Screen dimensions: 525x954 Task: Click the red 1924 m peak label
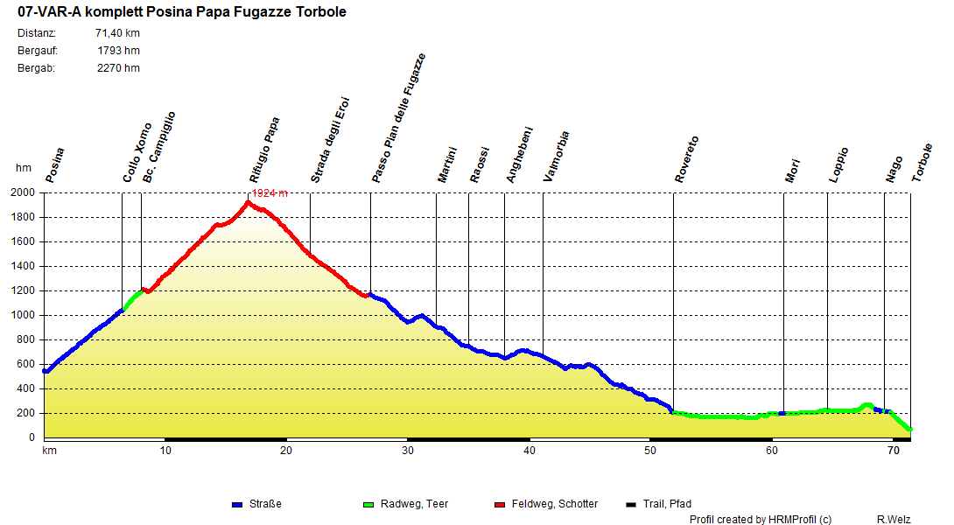tap(270, 193)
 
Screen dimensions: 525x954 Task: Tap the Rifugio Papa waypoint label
tap(264, 149)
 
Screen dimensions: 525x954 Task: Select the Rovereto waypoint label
tap(687, 159)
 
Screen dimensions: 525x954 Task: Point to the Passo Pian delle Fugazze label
tap(398, 117)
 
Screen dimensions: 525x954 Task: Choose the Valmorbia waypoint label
tap(556, 157)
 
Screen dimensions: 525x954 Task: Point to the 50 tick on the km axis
tap(650, 451)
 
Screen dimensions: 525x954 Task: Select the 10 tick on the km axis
tap(165, 451)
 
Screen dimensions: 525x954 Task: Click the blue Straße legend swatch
tap(236, 505)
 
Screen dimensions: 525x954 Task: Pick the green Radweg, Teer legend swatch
tap(368, 505)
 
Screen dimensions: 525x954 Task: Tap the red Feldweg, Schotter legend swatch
tap(500, 505)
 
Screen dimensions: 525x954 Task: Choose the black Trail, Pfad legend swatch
tap(631, 505)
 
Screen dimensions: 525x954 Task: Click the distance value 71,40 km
tap(117, 33)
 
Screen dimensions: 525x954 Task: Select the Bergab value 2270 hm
tap(118, 68)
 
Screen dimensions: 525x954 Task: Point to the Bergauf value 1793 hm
tap(118, 51)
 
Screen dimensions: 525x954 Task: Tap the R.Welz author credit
tap(893, 520)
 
